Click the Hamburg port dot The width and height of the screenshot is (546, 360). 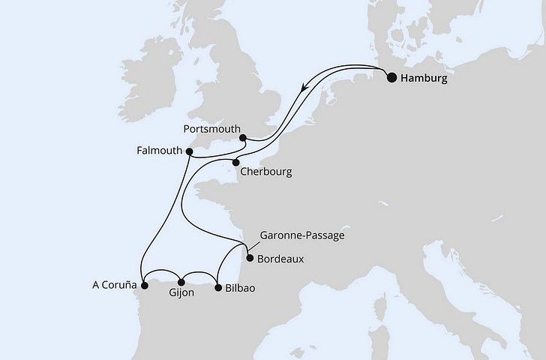(x=391, y=76)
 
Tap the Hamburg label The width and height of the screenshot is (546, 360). (x=429, y=77)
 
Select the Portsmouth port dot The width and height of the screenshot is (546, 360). (x=243, y=137)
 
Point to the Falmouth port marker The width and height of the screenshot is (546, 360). (x=189, y=151)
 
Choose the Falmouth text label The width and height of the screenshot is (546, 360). (x=160, y=150)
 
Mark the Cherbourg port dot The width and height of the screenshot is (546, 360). (x=235, y=162)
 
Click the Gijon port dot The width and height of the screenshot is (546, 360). (x=181, y=282)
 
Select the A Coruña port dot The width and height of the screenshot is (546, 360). (x=146, y=284)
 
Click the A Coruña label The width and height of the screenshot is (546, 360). (x=115, y=286)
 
